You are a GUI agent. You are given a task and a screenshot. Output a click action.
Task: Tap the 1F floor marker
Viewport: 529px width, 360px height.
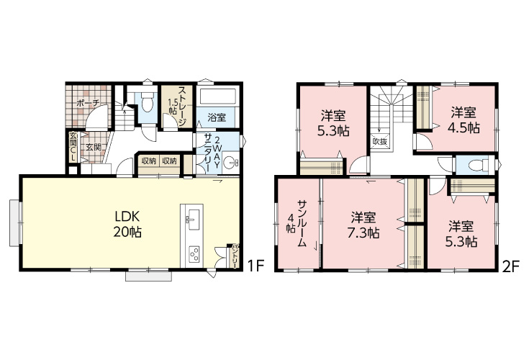(x=256, y=266)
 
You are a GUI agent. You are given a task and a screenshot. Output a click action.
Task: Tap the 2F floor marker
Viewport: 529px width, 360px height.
(x=510, y=267)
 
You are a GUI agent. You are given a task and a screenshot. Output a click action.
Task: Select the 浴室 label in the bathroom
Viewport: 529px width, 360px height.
(x=217, y=118)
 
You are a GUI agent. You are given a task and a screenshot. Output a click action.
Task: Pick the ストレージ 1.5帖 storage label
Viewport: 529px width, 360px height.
(x=178, y=106)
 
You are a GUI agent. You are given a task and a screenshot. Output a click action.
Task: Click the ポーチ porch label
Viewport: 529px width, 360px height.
(x=87, y=103)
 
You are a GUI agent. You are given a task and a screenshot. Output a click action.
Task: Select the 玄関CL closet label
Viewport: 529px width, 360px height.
(x=73, y=146)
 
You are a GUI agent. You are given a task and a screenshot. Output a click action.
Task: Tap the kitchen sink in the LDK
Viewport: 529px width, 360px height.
(x=192, y=220)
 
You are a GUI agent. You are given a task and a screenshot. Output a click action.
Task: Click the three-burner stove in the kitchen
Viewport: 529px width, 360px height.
(x=194, y=255)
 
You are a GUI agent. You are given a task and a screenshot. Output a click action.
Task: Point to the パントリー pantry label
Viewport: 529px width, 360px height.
(x=232, y=256)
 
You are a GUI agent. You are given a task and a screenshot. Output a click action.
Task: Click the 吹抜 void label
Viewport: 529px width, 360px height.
(x=380, y=142)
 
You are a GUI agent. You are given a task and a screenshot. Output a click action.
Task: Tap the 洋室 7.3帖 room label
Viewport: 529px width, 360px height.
(x=363, y=225)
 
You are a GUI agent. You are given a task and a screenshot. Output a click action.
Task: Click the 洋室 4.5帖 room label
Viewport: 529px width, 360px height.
(x=464, y=120)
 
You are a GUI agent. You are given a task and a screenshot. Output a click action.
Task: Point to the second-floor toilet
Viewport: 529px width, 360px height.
(x=479, y=165)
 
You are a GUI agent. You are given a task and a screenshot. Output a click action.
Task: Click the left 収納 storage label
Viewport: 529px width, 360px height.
(x=148, y=161)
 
